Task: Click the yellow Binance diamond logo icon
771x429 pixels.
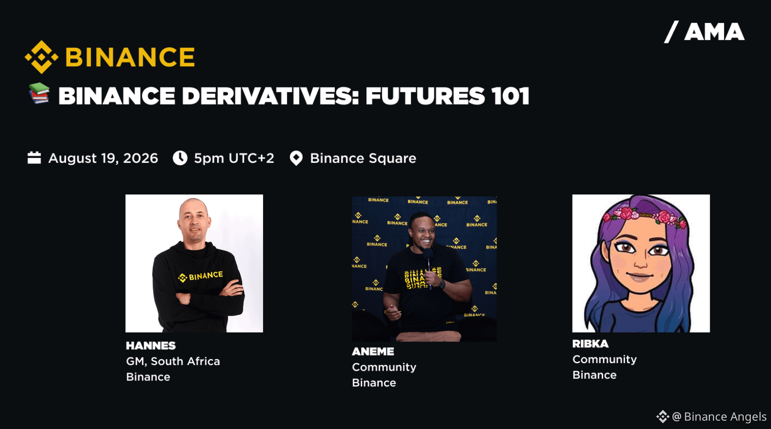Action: [41, 57]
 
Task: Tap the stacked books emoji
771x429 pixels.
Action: [39, 93]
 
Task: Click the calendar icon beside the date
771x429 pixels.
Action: [34, 158]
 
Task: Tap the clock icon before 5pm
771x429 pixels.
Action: [180, 158]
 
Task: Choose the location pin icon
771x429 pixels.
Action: [296, 159]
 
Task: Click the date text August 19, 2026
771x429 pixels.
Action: [103, 158]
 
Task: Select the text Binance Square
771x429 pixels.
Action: [363, 159]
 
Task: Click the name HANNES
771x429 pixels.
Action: [151, 345]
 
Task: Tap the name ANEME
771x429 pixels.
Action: [373, 351]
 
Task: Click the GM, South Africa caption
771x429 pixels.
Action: [173, 361]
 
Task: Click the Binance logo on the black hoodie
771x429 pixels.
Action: [200, 276]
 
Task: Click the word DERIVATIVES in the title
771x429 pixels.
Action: [271, 96]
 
